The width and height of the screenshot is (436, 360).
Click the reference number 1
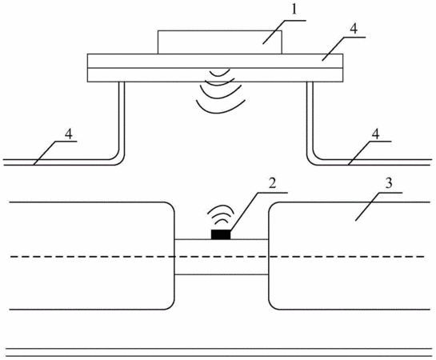click(x=294, y=10)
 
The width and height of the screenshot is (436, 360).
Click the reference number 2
click(x=272, y=183)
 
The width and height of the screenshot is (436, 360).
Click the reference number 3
click(x=389, y=183)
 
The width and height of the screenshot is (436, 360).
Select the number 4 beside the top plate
click(x=354, y=28)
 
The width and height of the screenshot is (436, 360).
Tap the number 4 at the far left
click(x=69, y=134)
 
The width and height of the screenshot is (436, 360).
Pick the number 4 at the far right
click(x=375, y=134)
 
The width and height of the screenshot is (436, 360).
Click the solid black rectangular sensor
click(x=221, y=234)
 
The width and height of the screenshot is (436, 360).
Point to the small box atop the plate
click(x=220, y=42)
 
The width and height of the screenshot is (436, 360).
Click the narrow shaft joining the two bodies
click(x=222, y=257)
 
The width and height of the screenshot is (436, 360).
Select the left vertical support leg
click(x=122, y=117)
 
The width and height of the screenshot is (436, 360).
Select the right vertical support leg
click(x=310, y=117)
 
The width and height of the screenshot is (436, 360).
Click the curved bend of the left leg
click(x=119, y=162)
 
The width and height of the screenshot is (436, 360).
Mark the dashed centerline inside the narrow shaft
click(x=222, y=257)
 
